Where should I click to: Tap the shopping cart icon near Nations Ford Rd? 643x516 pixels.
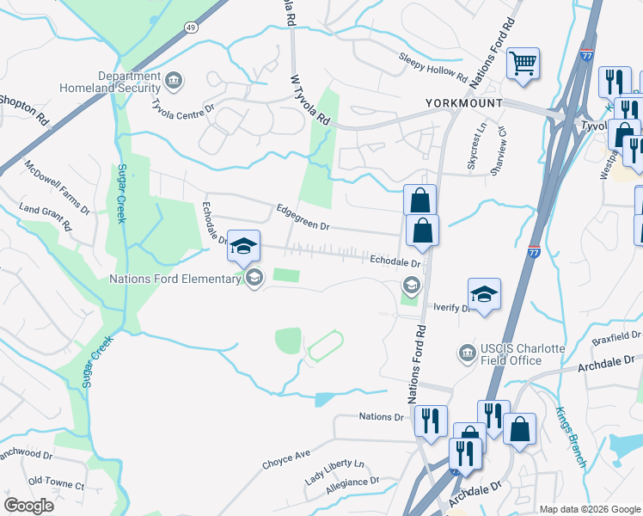click(523, 63)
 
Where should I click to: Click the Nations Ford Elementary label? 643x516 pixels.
click(175, 279)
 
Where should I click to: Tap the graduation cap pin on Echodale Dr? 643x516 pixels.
click(243, 246)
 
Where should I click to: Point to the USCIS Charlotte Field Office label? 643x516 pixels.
click(521, 353)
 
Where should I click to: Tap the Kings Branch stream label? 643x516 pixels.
click(570, 437)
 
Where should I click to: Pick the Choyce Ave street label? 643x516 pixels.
click(286, 459)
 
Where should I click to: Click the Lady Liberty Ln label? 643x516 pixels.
click(334, 476)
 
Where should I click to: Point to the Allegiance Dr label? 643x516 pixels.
click(352, 488)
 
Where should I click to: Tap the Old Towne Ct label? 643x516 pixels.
click(56, 485)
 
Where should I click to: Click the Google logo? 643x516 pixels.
click(28, 506)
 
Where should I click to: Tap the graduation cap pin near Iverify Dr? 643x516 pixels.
click(484, 293)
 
